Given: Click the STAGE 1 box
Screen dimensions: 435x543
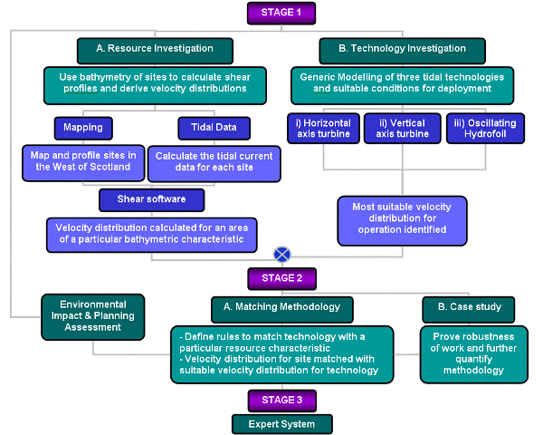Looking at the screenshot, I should (281, 13).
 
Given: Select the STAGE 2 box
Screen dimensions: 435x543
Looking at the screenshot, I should (281, 279).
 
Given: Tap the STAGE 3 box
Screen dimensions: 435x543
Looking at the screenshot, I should (281, 400).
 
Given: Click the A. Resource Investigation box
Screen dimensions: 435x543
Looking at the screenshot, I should (155, 49).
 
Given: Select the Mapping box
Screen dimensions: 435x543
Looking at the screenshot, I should (82, 127).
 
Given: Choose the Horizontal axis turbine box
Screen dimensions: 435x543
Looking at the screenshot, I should (322, 129).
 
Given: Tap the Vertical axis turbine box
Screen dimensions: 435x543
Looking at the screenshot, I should (401, 129).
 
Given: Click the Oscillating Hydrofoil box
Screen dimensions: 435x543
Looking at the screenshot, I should (485, 129).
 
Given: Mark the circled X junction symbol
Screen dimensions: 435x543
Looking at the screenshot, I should (282, 255).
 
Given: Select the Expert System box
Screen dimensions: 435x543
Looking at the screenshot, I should (281, 423).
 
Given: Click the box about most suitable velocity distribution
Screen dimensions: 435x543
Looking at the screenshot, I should (402, 218).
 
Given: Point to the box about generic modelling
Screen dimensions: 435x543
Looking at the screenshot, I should (402, 83).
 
